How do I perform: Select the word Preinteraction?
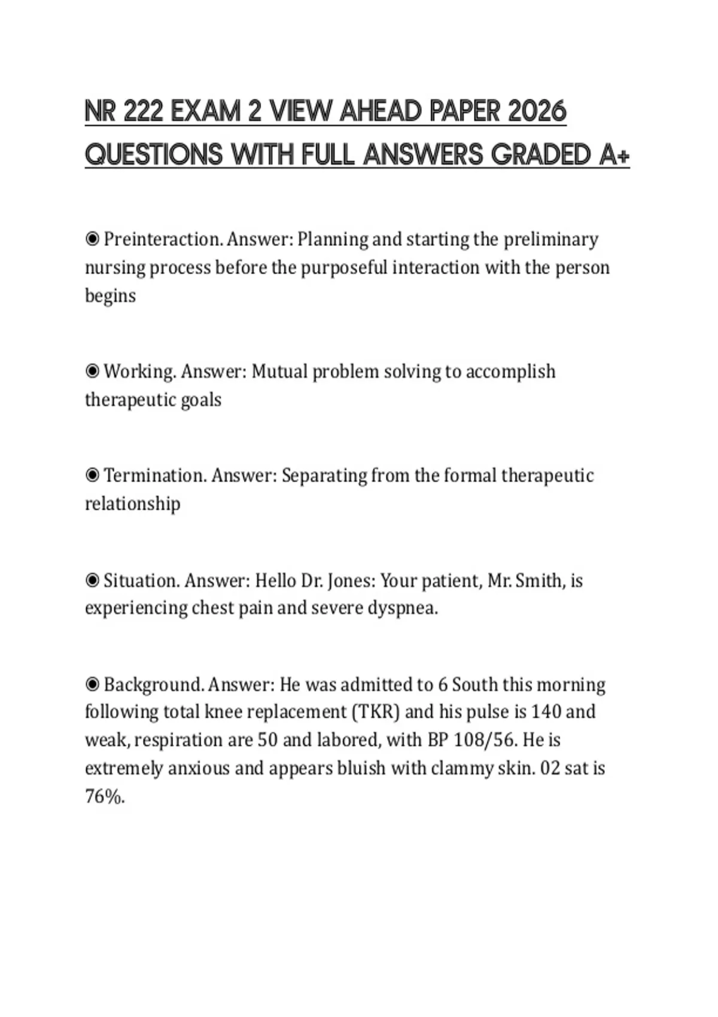point(163,239)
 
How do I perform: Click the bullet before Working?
point(92,372)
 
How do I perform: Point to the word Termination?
point(155,476)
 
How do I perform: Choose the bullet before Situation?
point(92,580)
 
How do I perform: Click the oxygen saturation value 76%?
point(105,796)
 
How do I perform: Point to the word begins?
point(110,296)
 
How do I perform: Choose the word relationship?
point(132,504)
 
